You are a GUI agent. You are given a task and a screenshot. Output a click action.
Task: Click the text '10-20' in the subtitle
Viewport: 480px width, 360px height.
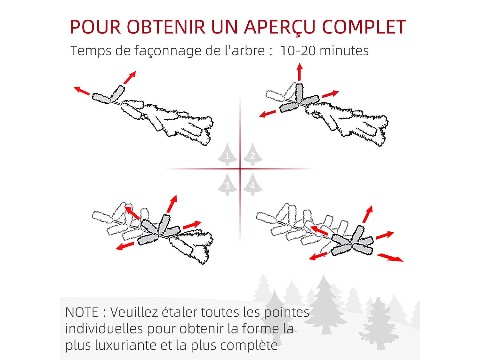(x=298, y=51)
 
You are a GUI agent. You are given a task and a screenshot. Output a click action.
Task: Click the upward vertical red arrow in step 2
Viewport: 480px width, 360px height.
(x=300, y=72)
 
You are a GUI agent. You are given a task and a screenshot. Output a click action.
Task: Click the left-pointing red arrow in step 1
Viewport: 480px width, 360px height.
(x=82, y=91)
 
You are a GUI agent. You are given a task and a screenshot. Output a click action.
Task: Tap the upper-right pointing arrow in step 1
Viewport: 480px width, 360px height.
(x=130, y=77)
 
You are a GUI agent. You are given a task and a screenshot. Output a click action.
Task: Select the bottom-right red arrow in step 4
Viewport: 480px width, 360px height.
(x=390, y=258)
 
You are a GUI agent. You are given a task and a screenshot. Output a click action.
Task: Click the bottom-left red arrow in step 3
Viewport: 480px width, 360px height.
(x=125, y=246)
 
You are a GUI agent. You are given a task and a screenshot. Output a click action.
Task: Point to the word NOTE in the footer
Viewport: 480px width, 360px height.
(x=82, y=312)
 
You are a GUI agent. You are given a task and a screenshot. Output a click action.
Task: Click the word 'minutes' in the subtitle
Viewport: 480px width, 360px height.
(x=344, y=51)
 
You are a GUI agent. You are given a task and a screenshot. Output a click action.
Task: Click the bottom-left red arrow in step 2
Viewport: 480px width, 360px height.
(x=267, y=114)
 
